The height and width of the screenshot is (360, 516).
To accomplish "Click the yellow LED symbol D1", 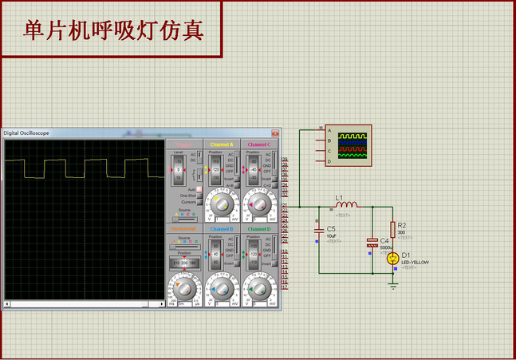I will point(393,258).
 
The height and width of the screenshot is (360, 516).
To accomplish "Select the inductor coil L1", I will point(347,205).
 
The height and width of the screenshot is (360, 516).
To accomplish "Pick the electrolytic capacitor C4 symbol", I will point(372,242).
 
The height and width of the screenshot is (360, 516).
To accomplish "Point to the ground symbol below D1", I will point(393,285).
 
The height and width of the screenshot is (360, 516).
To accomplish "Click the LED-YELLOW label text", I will point(415,262).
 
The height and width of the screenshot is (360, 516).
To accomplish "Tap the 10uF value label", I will point(331,235).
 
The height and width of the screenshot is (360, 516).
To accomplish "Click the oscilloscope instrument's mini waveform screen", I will point(353,145).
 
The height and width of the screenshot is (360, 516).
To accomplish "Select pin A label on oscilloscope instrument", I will point(329,131).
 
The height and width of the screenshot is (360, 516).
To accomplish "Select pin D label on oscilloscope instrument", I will point(329,161).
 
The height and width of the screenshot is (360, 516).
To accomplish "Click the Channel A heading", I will point(223,144).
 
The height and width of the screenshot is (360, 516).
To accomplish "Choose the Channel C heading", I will point(259,144).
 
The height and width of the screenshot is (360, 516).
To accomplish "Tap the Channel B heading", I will point(223,229).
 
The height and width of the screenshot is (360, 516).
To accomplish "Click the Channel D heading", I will point(259,229).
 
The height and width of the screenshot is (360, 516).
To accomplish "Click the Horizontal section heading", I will point(184,229).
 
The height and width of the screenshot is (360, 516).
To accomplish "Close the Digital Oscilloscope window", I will point(275,133).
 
